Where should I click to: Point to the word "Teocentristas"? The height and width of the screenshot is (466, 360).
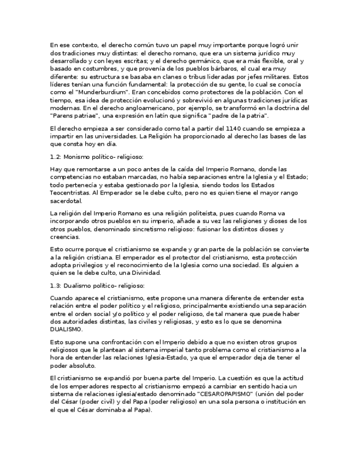click(71, 193)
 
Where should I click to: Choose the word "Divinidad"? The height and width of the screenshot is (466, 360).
click(143, 273)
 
